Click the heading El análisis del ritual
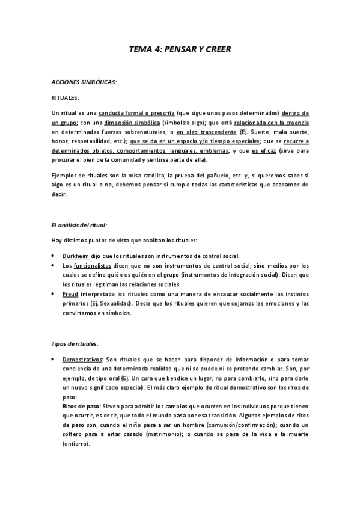coord(79,225)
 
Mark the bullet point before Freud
coord(54,294)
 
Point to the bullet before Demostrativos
coord(54,359)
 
